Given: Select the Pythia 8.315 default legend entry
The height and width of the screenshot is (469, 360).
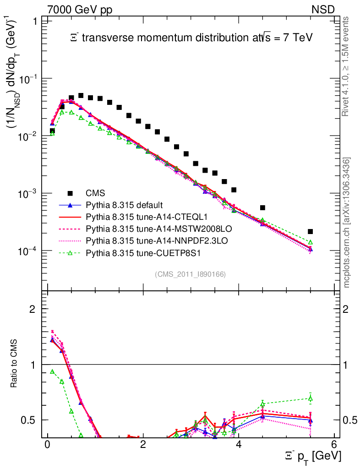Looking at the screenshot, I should click(x=125, y=205).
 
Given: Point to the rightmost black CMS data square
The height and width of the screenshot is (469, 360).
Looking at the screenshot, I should click(x=310, y=232).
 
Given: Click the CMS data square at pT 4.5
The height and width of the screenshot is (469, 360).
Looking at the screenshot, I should click(x=262, y=208).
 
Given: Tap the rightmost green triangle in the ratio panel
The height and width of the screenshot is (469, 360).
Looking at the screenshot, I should click(x=310, y=398).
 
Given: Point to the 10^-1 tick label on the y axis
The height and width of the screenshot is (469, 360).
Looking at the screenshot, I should click(x=27, y=79).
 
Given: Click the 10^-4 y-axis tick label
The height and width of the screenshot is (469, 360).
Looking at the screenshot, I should click(x=27, y=251).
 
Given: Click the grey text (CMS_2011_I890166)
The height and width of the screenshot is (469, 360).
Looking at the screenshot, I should click(x=191, y=274).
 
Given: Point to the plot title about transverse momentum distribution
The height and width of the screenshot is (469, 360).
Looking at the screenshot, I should click(x=191, y=38).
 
